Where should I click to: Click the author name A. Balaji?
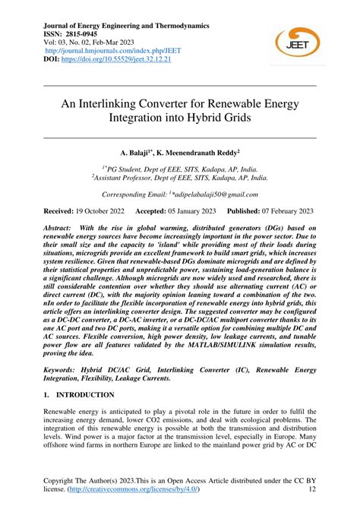click(x=134, y=153)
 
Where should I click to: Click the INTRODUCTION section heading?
click(x=84, y=396)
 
